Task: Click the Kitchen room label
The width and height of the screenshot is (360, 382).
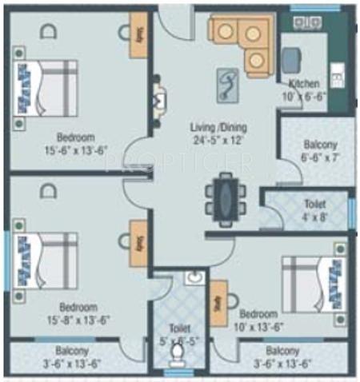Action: pyautogui.click(x=304, y=83)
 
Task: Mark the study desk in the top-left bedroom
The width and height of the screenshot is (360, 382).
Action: pyautogui.click(x=140, y=35)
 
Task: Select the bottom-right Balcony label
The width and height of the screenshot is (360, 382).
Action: pyautogui.click(x=283, y=351)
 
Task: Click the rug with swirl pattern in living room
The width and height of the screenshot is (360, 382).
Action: pyautogui.click(x=229, y=83)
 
